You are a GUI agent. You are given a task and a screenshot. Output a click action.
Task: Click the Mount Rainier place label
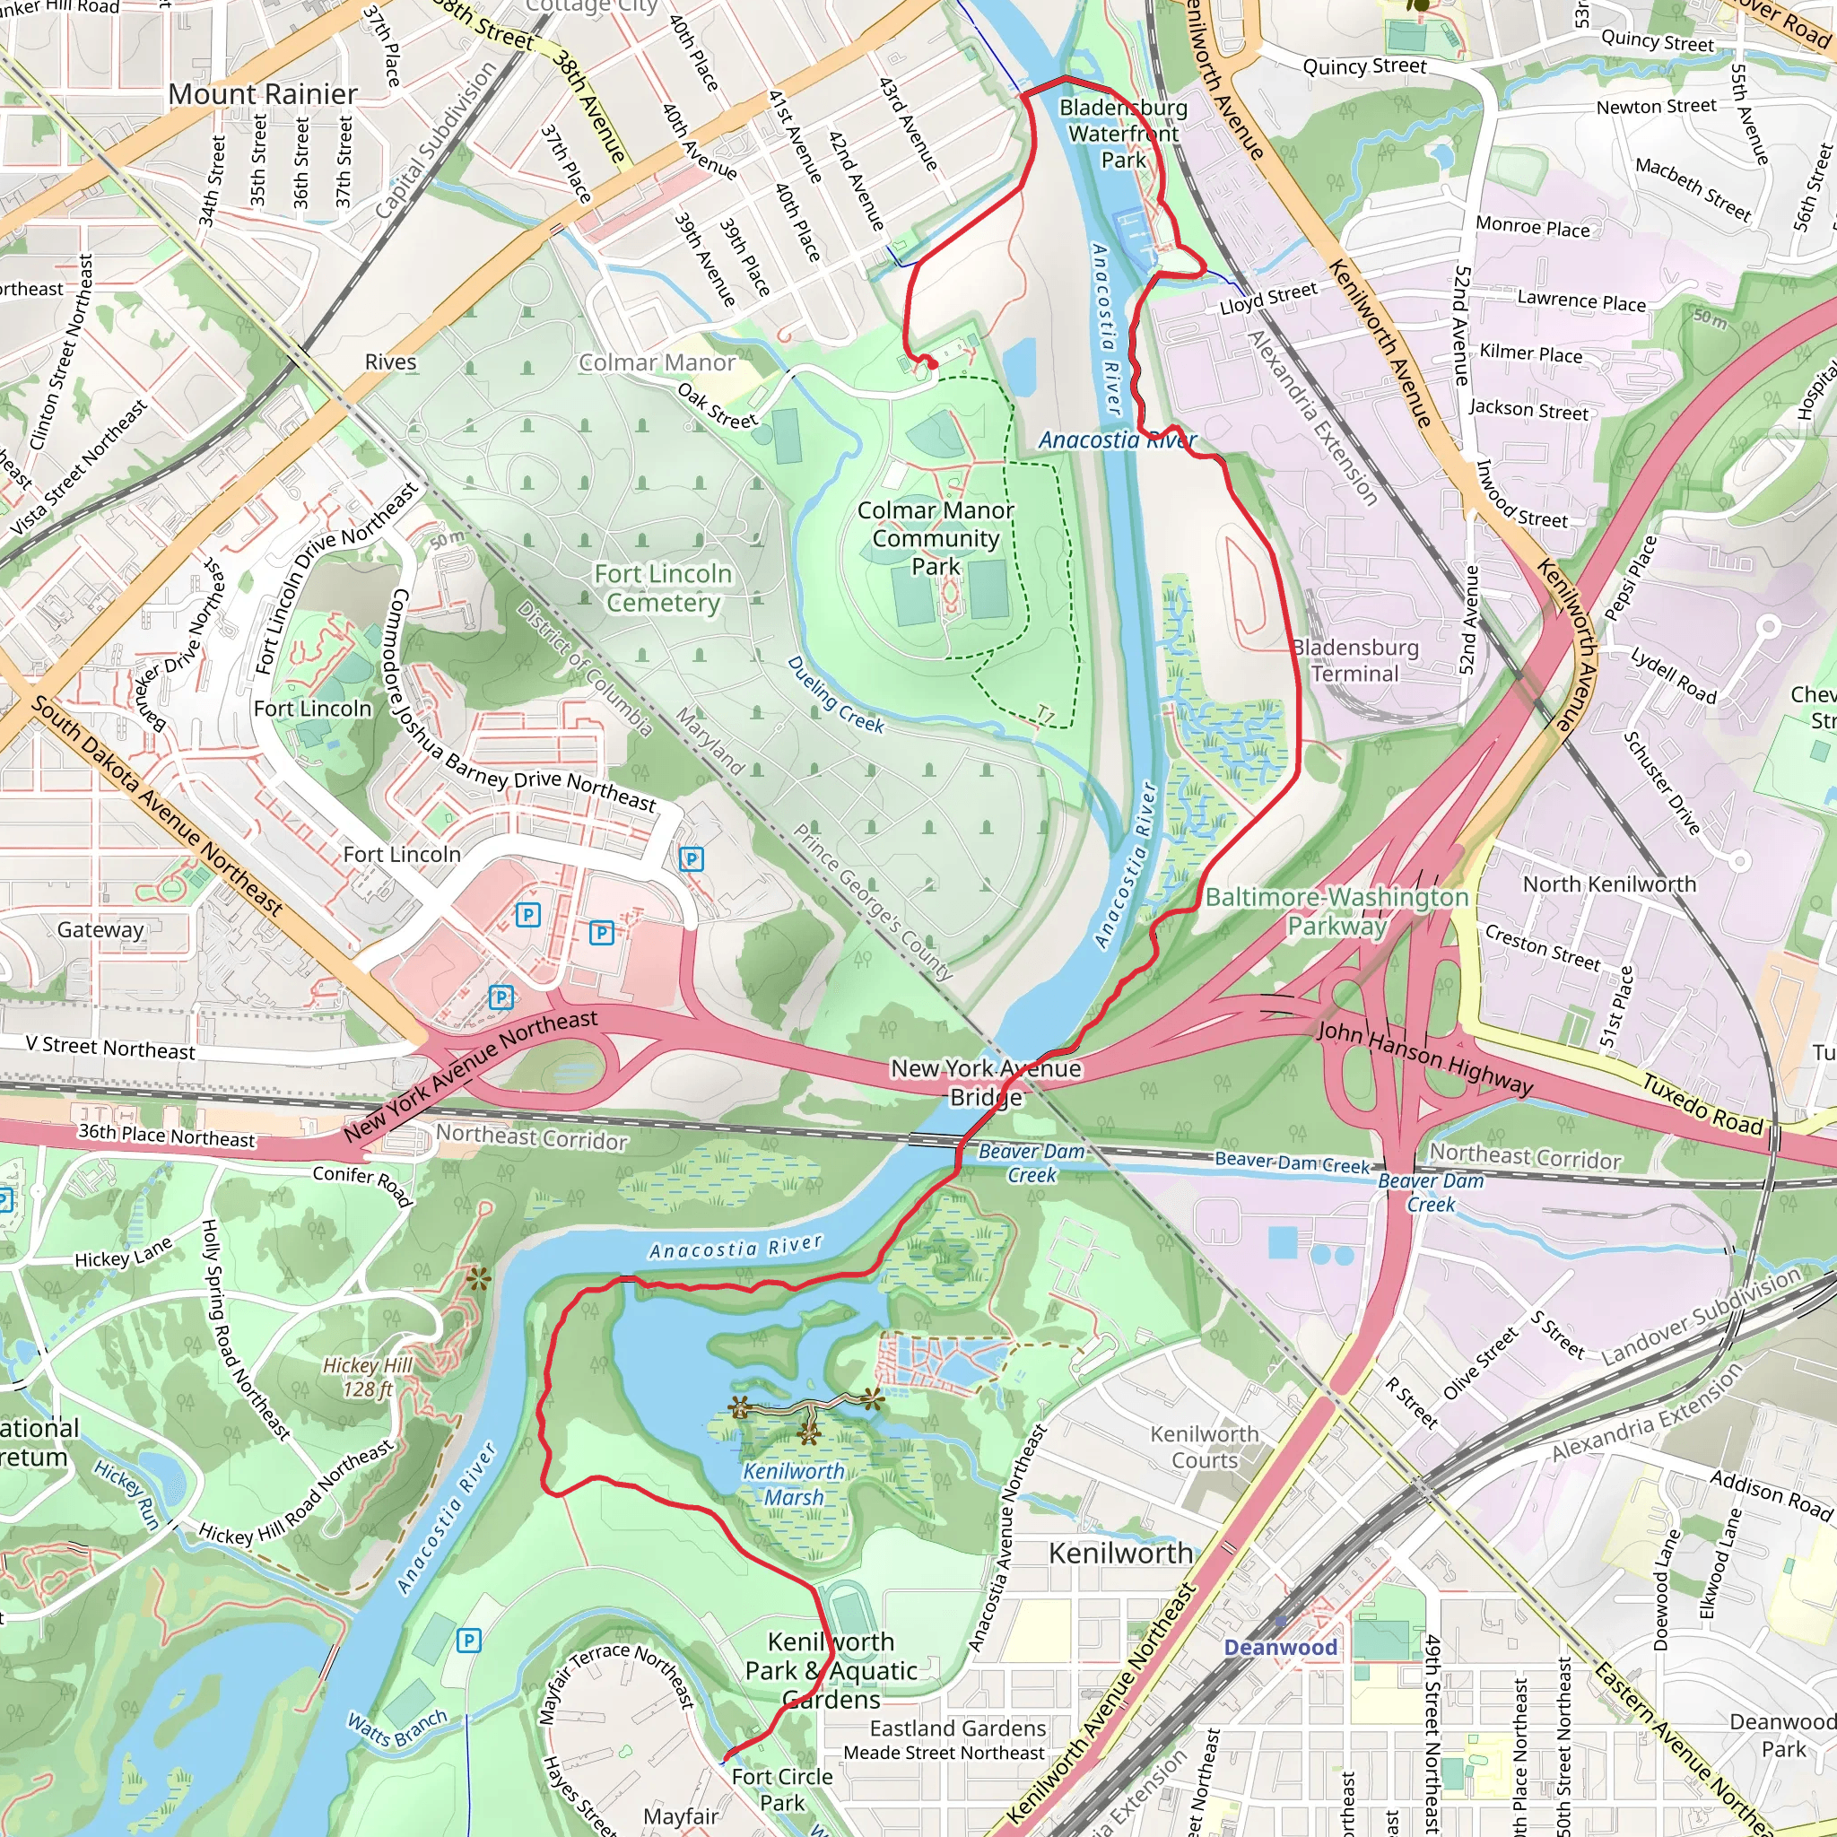pos(264,94)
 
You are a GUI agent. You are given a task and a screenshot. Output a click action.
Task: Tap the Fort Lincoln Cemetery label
pos(663,588)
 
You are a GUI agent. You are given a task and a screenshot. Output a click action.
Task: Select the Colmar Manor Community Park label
pos(936,538)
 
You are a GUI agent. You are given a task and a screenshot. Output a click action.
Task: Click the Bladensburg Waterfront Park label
pos(1123,134)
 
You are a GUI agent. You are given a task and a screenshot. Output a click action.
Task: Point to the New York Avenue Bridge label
pos(986,1082)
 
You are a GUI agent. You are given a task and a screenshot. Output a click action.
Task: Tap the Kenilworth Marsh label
pos(794,1484)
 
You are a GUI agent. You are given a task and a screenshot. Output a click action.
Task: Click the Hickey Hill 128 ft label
pos(367,1378)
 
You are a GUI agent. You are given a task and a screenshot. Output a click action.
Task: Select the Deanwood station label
pos(1280,1648)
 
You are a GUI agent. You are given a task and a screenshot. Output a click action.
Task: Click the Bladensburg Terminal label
pos(1355,661)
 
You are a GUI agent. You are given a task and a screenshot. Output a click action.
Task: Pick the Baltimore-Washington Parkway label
pos(1336,911)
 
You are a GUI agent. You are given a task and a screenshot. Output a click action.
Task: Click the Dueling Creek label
pos(836,695)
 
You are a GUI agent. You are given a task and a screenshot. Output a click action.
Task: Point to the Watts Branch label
pos(396,1728)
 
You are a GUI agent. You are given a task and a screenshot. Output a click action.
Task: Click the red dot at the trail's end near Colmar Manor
pos(933,364)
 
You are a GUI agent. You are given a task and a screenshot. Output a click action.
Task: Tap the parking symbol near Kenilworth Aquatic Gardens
pos(468,1641)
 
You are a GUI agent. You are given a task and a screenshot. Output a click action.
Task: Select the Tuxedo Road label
pos(1703,1104)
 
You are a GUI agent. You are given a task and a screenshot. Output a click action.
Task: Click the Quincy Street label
pos(1364,66)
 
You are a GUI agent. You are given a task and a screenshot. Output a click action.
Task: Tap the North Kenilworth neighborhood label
pos(1610,884)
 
